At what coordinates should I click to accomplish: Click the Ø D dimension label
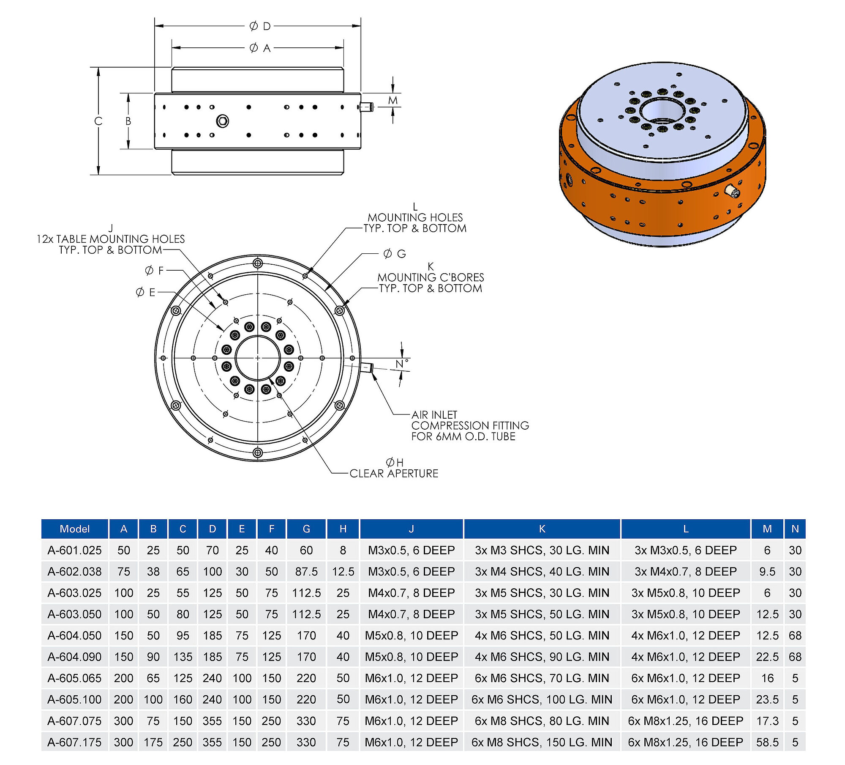coord(260,26)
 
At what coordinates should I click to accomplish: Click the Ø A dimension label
coord(260,48)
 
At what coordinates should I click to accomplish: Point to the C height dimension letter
coord(98,121)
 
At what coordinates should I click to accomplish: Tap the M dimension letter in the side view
coord(393,100)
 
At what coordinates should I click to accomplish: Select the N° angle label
coord(402,364)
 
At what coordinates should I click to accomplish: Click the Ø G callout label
coord(395,254)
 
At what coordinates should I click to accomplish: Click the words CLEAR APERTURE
coord(394,473)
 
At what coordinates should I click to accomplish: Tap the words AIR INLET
coord(434,414)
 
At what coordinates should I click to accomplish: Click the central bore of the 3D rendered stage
coord(662,110)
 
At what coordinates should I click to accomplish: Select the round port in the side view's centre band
coord(223,121)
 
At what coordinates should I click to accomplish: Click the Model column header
coord(75,529)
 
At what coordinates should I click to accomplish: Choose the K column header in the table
coord(542,529)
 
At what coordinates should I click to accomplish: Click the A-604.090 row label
coord(75,657)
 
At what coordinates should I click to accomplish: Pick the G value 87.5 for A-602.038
coord(306,571)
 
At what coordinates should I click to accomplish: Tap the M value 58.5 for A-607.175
coord(767,742)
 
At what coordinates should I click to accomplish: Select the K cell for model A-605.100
coord(542,699)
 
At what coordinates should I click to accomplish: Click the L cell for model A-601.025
coord(686,550)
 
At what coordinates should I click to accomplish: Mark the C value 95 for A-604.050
coord(183,636)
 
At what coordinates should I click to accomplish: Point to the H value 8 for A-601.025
coord(343,550)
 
